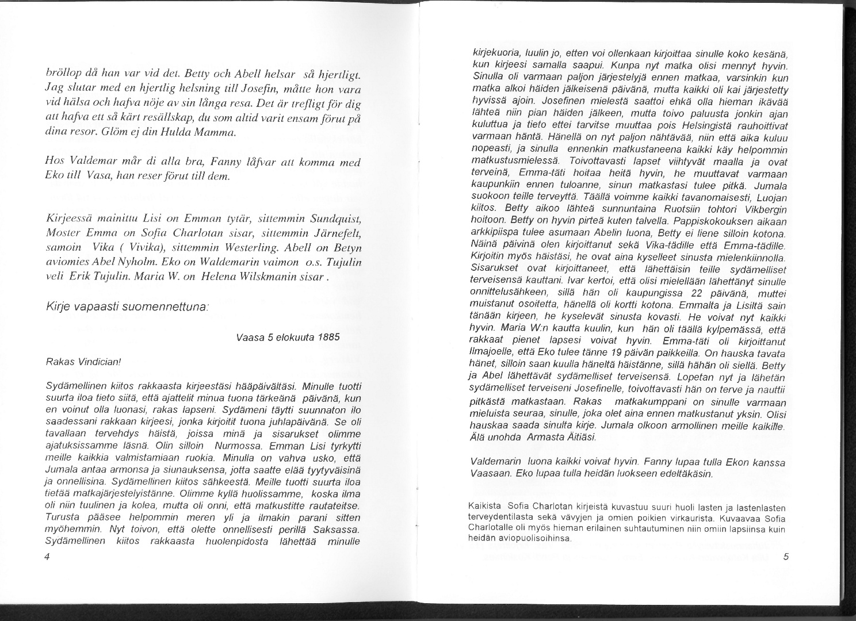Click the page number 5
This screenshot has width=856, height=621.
[785, 557]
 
